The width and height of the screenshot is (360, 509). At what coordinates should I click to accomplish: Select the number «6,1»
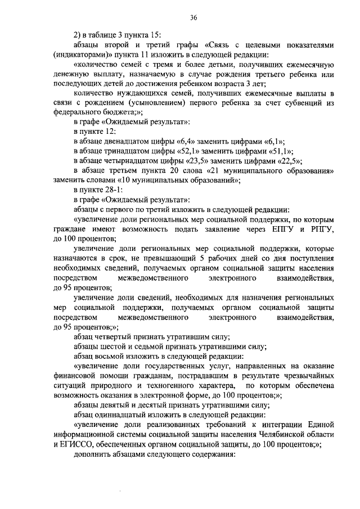tap(273, 141)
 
